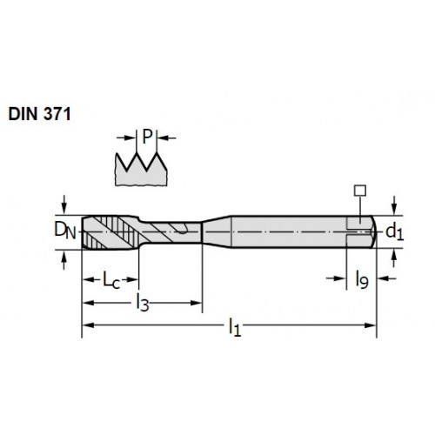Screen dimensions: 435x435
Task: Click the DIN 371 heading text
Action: point(40,114)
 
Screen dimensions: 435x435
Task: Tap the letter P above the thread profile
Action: point(147,137)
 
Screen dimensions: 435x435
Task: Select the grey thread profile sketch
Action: point(141,169)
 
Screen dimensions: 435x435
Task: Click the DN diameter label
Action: point(65,231)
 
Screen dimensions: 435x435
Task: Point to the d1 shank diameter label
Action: point(395,232)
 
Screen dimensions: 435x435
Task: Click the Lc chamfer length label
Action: point(111,281)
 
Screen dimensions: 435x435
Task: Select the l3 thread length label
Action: point(143,302)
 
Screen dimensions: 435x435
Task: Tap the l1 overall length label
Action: point(235,327)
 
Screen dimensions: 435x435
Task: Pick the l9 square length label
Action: point(362,279)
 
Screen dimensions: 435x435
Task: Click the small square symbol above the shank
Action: point(360,191)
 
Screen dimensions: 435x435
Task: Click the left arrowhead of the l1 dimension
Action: point(88,325)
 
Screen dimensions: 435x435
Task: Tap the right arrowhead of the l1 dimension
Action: point(371,325)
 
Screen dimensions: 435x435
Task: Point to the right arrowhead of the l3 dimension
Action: point(196,303)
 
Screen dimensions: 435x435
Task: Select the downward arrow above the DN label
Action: point(64,204)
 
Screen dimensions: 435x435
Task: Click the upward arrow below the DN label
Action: point(64,260)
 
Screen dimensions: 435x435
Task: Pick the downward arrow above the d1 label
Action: point(393,205)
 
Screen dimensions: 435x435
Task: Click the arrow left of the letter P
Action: point(126,137)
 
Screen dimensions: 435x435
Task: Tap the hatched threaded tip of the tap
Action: point(110,232)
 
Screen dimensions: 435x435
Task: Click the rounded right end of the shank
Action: point(373,232)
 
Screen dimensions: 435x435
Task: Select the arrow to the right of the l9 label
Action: point(386,278)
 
